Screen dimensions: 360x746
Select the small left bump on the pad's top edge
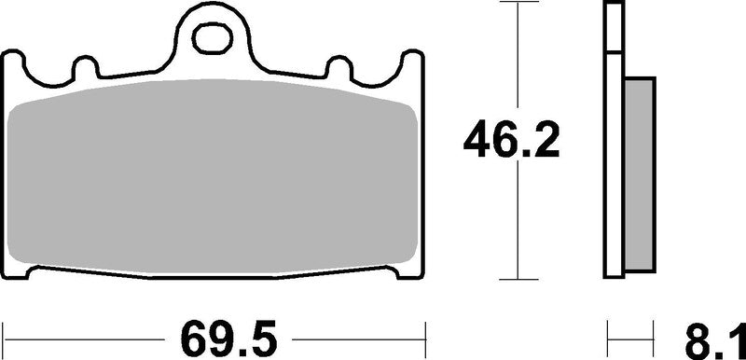tap(84, 67)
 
